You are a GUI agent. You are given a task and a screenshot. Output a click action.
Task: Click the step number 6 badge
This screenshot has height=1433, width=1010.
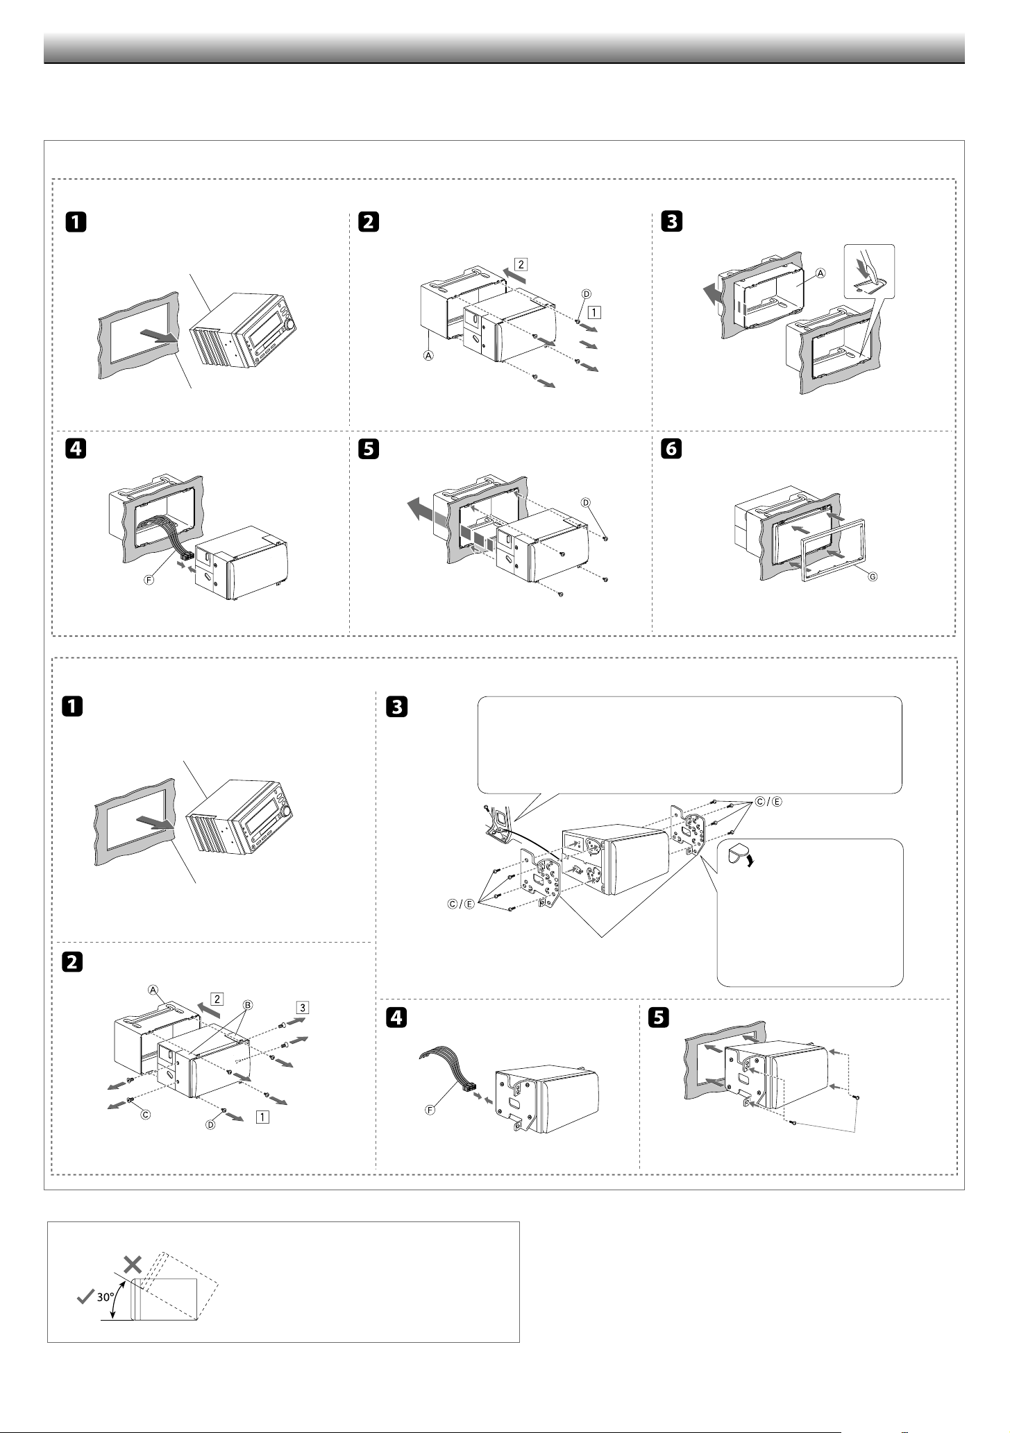tap(671, 449)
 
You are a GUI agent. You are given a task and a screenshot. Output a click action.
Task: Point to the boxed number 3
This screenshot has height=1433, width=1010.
tap(302, 1007)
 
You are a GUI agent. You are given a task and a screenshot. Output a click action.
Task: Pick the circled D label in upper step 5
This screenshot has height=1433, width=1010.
tap(585, 501)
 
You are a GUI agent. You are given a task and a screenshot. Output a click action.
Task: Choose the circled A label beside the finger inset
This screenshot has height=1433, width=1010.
tap(821, 273)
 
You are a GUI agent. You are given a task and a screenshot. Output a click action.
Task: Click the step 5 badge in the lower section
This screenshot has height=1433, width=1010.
tap(657, 1018)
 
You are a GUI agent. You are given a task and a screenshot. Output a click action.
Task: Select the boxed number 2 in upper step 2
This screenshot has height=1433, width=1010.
tap(521, 264)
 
